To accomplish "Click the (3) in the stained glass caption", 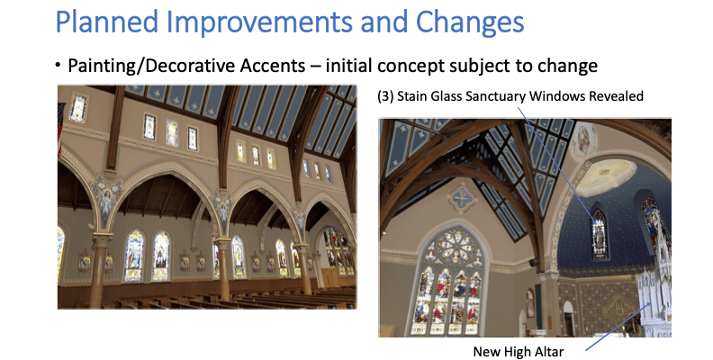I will coord(387,96).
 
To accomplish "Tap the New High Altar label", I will coord(518,350).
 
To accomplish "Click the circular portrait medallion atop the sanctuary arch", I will coord(583,139).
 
